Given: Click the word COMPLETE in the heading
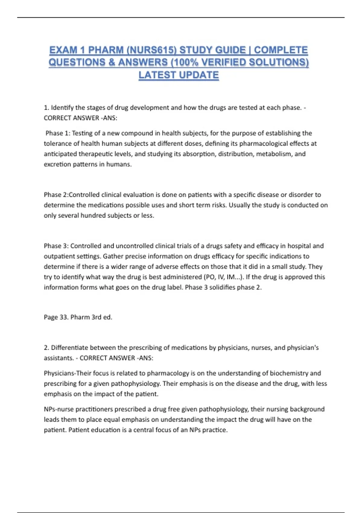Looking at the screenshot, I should [x=281, y=50].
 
